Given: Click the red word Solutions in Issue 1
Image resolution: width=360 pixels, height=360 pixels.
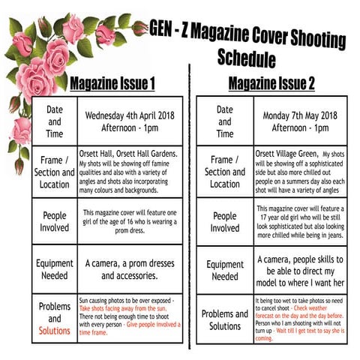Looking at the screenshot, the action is (54, 330).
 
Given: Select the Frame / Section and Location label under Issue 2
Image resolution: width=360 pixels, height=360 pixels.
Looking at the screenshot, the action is (225, 172).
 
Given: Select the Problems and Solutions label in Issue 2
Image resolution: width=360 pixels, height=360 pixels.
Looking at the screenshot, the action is (225, 319).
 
